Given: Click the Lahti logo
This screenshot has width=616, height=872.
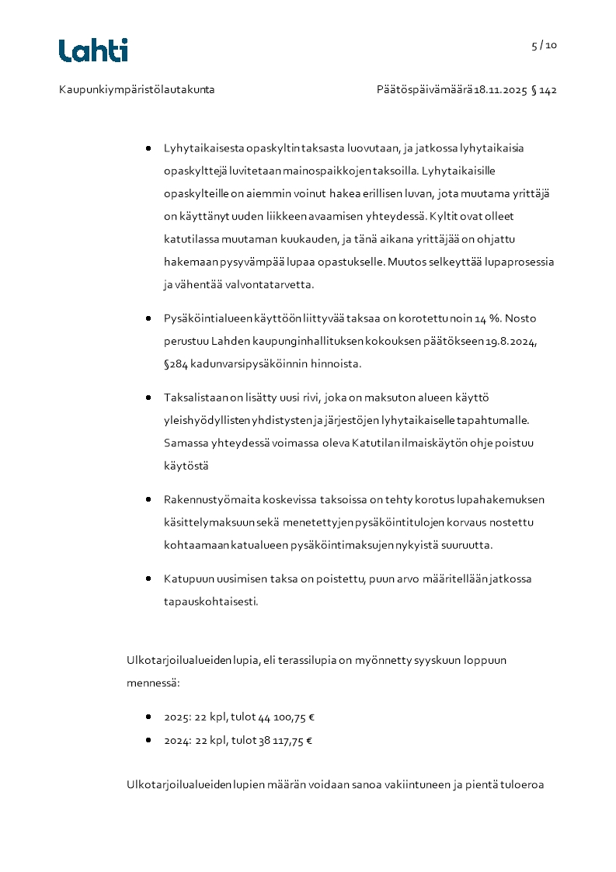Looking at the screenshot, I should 93,50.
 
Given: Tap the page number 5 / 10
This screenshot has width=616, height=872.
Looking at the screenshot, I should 544,45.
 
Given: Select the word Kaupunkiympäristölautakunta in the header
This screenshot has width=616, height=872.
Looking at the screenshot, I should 137,90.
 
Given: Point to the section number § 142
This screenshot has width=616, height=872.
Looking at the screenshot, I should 544,90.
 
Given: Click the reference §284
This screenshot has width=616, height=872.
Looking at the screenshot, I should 176,363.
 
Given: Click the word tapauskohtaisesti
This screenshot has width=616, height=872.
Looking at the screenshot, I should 211,601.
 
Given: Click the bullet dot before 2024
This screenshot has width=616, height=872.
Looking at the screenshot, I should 148,740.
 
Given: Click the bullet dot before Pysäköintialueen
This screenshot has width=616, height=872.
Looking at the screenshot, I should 148,318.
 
